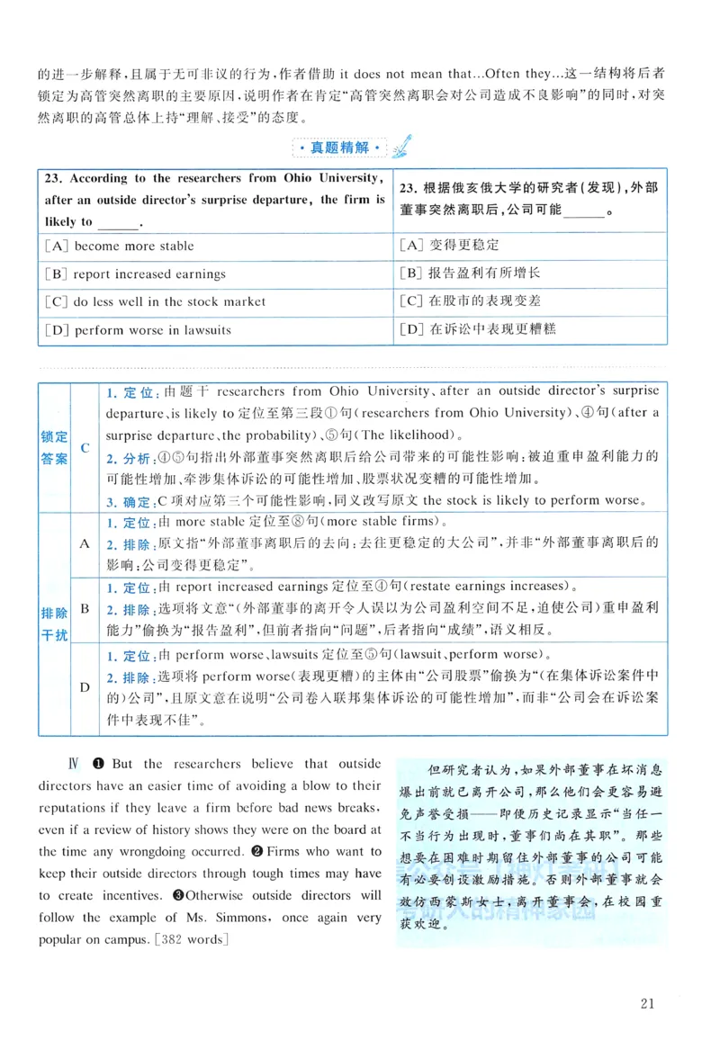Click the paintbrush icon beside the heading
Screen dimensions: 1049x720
point(401,144)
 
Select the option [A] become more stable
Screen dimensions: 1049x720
point(119,246)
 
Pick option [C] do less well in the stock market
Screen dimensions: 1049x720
point(154,301)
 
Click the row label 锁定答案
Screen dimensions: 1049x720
point(54,448)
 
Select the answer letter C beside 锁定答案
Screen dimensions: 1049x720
point(85,448)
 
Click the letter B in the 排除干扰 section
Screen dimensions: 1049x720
point(85,609)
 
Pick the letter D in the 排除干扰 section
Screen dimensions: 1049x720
point(85,687)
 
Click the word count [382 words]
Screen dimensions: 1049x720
point(193,940)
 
